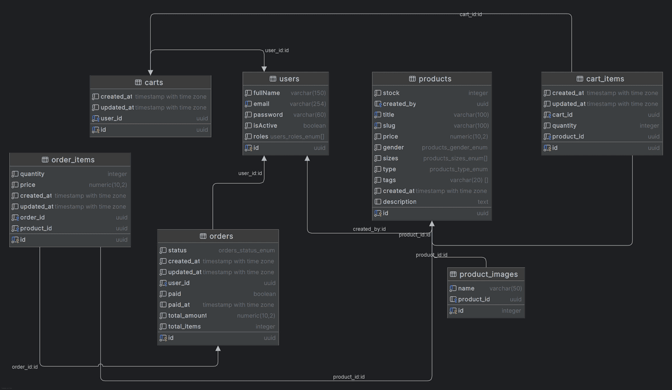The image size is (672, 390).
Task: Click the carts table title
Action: pyautogui.click(x=153, y=82)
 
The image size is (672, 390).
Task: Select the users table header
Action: pyautogui.click(x=289, y=79)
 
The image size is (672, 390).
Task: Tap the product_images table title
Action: pyautogui.click(x=488, y=274)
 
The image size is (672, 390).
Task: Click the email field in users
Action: pyautogui.click(x=261, y=104)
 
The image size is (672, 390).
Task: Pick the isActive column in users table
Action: pyautogui.click(x=265, y=126)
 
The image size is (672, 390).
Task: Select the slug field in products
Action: pyautogui.click(x=389, y=126)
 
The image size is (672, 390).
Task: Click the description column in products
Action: pyautogui.click(x=399, y=202)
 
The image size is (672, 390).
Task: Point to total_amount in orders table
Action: pyautogui.click(x=187, y=315)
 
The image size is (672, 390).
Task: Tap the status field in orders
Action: pyautogui.click(x=177, y=250)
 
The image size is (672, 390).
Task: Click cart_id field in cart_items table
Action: pyautogui.click(x=562, y=115)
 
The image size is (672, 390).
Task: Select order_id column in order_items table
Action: pyautogui.click(x=32, y=217)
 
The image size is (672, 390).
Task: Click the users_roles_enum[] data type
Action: pyautogui.click(x=297, y=137)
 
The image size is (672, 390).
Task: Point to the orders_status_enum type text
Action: pyautogui.click(x=246, y=250)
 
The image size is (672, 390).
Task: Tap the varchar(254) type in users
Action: pyautogui.click(x=307, y=104)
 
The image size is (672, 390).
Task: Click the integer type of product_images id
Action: pyautogui.click(x=511, y=311)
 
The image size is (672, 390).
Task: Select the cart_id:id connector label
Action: pyautogui.click(x=470, y=14)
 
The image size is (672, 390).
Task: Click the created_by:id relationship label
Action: pyautogui.click(x=369, y=229)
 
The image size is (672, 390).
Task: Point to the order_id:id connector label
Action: pyautogui.click(x=25, y=367)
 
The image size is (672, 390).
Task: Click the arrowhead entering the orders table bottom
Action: pyautogui.click(x=218, y=349)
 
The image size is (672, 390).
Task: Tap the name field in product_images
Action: pyautogui.click(x=466, y=289)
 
